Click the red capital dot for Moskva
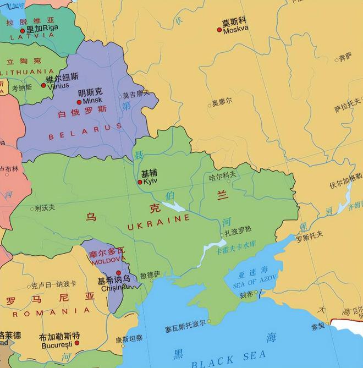[219, 30]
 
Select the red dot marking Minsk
[79, 102]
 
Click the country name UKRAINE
[158, 218]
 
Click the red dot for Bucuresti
[76, 343]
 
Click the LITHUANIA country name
[28, 72]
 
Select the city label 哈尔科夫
[223, 174]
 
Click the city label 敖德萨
[150, 274]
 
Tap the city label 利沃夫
[45, 208]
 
